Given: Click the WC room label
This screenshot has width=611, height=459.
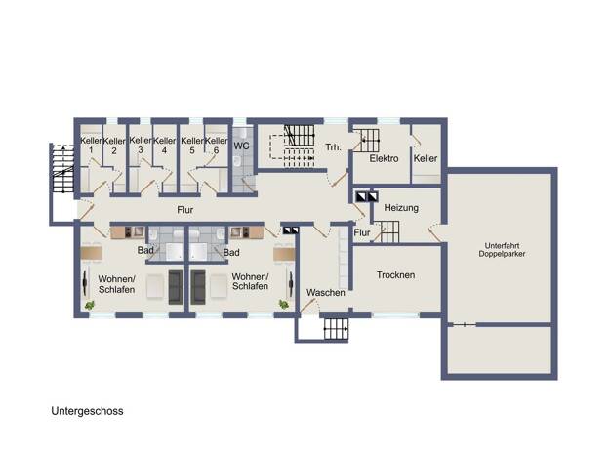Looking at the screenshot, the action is pos(241,146).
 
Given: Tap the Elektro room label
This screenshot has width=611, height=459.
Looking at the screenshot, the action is pos(384,159).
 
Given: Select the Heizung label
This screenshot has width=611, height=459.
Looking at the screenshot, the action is pos(401,208).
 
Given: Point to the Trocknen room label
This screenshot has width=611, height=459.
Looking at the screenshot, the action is pos(395,275).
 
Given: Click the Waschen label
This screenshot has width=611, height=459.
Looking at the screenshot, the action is pos(326,292).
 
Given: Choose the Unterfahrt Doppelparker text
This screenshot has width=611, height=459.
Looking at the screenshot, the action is pos(502,250).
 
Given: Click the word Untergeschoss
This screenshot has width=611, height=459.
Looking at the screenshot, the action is pos(87,411).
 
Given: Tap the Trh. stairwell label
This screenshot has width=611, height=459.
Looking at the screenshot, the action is pos(333,147).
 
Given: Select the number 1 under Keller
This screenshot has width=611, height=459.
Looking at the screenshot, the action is pos(91,150).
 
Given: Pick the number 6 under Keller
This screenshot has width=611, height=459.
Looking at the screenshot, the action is pos(216,150).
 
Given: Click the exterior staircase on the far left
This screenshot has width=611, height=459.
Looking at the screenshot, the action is pos(63,169).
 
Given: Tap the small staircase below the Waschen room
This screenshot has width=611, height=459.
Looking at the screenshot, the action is pos(336,329).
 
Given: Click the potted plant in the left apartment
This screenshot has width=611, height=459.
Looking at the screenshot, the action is pos(90,305).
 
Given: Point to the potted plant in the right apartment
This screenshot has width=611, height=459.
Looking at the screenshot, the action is pos(284,304).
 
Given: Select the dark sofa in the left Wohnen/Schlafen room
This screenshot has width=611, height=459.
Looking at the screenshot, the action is pos(176,287).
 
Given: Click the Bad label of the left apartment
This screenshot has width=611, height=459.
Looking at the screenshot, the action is pos(145,250).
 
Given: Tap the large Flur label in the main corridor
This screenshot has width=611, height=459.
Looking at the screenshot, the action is pos(185,210).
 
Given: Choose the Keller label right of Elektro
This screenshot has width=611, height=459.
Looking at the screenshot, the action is pos(426,158).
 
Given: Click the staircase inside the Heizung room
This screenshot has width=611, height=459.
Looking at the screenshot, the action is pos(387,231).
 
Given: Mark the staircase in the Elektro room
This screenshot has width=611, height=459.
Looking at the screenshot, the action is pos(369,141).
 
